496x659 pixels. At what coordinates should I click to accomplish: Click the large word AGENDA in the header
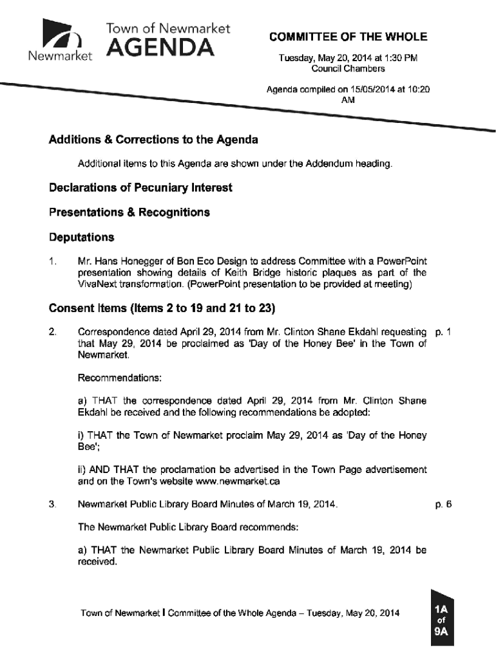(x=160, y=47)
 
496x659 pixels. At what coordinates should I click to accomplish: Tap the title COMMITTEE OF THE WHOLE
(x=348, y=37)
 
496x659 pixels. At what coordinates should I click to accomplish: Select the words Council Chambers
(x=348, y=68)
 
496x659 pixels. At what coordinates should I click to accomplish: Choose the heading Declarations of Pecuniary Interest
(x=140, y=188)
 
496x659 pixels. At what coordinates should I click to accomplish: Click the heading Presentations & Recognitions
(x=129, y=212)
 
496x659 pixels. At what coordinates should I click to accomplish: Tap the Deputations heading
(x=82, y=237)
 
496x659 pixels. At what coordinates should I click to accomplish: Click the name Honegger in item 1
(x=140, y=261)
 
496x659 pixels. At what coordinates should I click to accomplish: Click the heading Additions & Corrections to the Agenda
(x=153, y=140)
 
